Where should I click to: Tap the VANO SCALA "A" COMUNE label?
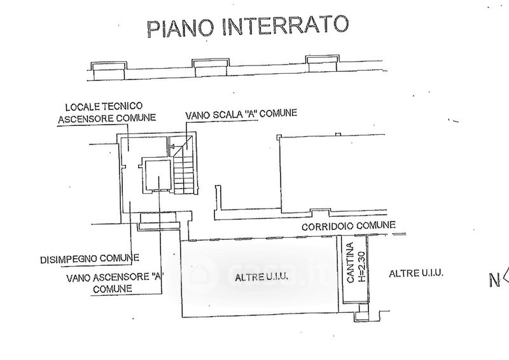click(241, 115)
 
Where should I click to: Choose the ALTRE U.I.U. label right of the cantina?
click(414, 273)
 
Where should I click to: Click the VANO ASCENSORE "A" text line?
click(106, 278)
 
